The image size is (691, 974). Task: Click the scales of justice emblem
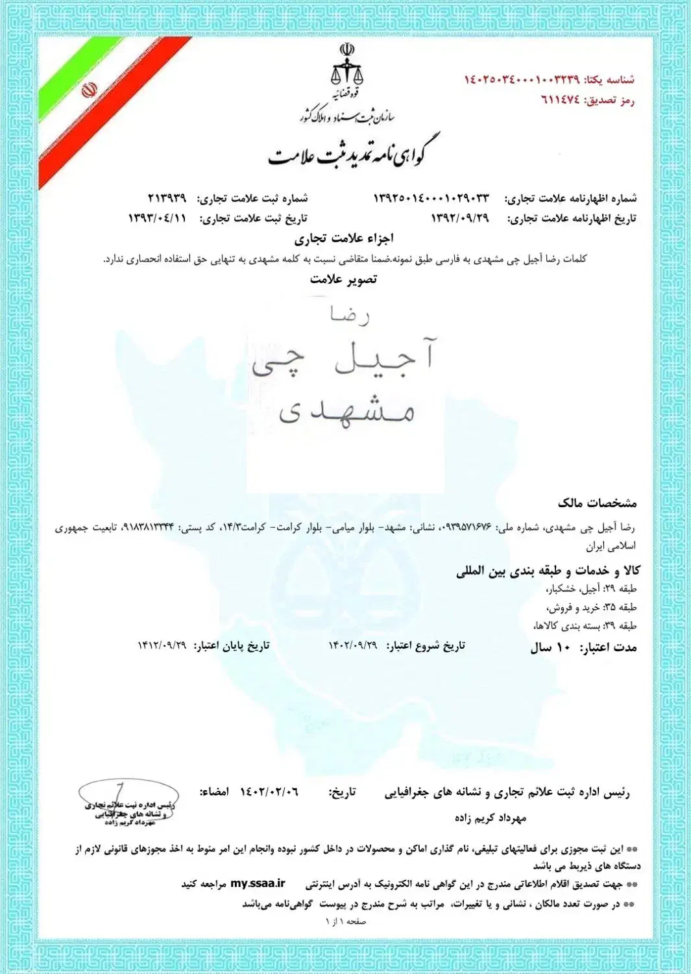pos(347,65)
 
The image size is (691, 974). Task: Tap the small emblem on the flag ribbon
pos(89,90)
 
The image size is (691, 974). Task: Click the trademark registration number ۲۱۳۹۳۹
pos(167,197)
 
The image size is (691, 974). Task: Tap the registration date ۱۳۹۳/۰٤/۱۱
pos(157,218)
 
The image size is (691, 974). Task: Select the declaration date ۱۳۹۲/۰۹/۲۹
pos(460,218)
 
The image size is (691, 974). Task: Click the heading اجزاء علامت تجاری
pos(344,238)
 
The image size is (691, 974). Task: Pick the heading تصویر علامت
pos(343,279)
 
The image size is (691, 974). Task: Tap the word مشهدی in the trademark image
pos(346,410)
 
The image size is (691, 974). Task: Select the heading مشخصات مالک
pos(597,503)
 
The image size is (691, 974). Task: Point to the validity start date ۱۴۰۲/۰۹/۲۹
pos(352,645)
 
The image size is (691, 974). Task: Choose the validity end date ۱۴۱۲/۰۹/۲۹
pos(162,645)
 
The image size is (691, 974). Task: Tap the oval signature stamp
pos(127,803)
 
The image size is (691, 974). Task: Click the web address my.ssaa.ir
pos(258,884)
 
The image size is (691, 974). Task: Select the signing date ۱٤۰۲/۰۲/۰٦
pos(269,792)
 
